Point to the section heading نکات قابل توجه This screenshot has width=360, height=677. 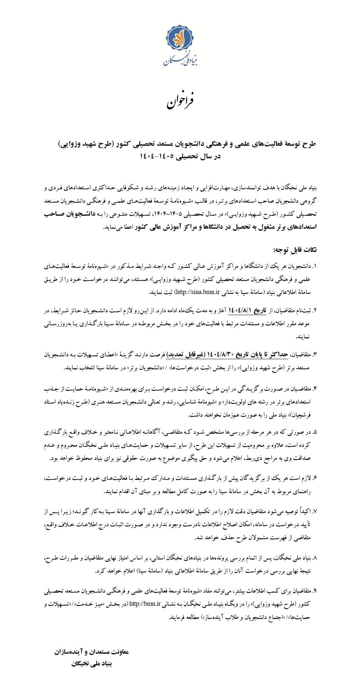pyautogui.click(x=295, y=250)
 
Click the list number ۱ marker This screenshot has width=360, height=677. pyautogui.click(x=314, y=266)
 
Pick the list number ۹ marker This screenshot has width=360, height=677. pyautogui.click(x=314, y=590)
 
